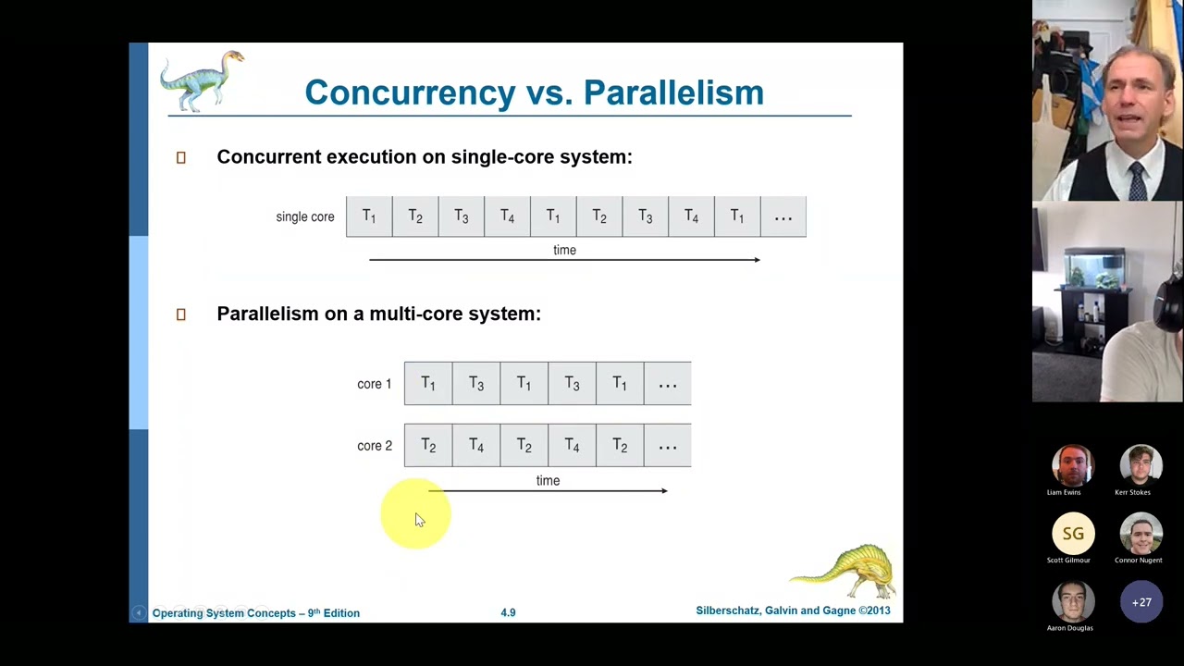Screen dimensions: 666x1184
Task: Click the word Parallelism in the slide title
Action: (x=673, y=92)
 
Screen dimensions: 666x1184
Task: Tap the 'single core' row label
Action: (x=304, y=216)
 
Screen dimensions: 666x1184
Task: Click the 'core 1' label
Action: (x=374, y=384)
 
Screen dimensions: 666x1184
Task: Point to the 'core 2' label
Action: (x=374, y=446)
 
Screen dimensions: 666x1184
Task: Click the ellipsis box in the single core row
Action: (x=783, y=216)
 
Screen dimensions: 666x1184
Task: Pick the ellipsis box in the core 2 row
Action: (x=667, y=446)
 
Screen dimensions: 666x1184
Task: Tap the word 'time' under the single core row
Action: (x=564, y=250)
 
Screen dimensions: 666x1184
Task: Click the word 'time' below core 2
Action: (x=548, y=480)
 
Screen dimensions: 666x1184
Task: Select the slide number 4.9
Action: (x=508, y=612)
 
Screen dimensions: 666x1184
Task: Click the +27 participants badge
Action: (x=1141, y=602)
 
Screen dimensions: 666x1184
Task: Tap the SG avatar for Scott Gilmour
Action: (x=1073, y=534)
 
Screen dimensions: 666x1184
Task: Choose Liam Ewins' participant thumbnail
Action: (x=1073, y=466)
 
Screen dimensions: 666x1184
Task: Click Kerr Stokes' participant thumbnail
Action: (x=1141, y=466)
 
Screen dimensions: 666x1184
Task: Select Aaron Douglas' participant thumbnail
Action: (x=1073, y=602)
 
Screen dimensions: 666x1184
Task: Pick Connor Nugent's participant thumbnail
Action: (x=1141, y=534)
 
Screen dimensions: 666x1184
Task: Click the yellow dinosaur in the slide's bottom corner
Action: (x=845, y=570)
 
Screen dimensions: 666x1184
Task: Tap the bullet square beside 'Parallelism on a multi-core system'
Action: (x=181, y=314)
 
